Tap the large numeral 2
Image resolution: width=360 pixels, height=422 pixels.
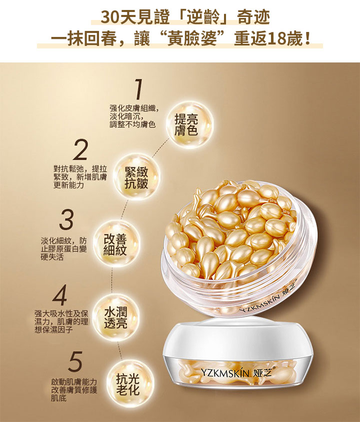pos(80,149)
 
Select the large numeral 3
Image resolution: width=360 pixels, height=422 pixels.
pos(66,219)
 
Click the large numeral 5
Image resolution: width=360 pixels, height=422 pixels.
pos(75,362)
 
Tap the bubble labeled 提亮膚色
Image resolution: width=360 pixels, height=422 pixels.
pos(189,125)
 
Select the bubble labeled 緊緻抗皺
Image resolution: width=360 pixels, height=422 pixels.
pos(136,177)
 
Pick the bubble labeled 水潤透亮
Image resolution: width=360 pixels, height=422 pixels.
pos(116,318)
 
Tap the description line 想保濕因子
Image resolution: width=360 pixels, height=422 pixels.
pos(53,330)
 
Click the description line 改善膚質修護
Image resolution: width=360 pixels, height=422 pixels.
pos(74,390)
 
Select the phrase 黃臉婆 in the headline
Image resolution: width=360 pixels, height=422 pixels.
pos(192,39)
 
